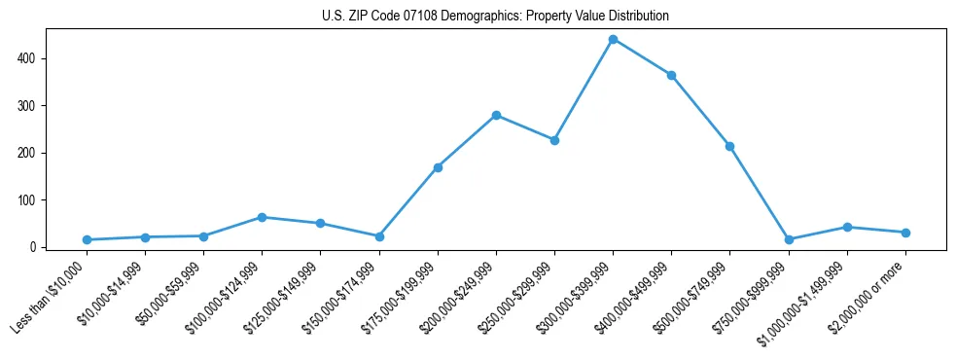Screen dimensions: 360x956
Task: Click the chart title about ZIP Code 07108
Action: click(495, 17)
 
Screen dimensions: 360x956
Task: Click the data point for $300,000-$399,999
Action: click(613, 39)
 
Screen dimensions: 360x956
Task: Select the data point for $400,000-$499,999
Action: click(671, 75)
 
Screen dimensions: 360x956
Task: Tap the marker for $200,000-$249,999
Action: click(496, 115)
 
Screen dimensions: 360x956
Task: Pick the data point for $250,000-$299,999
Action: click(554, 140)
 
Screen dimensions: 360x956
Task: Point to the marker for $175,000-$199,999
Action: click(438, 167)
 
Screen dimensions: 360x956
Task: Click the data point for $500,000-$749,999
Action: click(729, 146)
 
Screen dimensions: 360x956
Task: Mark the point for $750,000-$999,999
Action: click(789, 239)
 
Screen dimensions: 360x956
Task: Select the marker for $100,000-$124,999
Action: click(262, 217)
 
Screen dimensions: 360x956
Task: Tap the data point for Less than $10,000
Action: click(87, 239)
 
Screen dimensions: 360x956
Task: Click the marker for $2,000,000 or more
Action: click(905, 233)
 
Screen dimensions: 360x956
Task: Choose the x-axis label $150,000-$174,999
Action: click(341, 297)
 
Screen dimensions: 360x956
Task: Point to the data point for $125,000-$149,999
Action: click(320, 223)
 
